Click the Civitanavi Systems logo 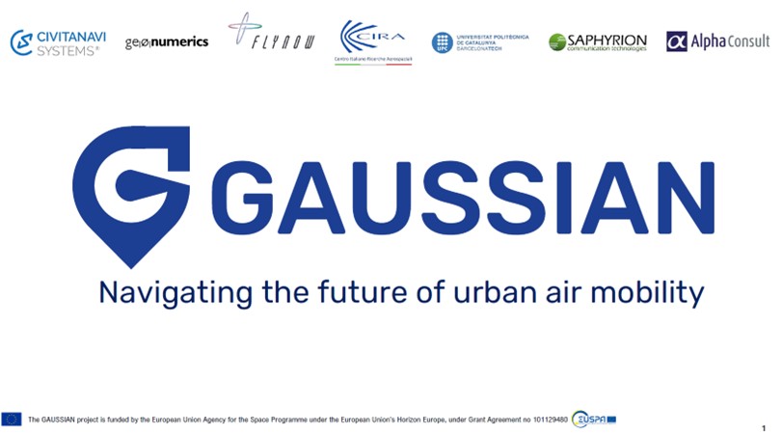tap(54, 42)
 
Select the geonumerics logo tap(167, 42)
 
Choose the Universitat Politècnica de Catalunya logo tap(480, 41)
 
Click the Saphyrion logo tap(597, 41)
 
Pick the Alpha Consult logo tap(718, 41)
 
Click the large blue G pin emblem tap(131, 193)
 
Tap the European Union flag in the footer tap(12, 419)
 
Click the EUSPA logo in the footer tap(593, 419)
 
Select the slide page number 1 tap(764, 427)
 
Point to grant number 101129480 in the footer tap(547, 420)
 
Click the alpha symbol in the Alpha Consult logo tap(677, 41)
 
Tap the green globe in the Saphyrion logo tap(556, 42)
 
